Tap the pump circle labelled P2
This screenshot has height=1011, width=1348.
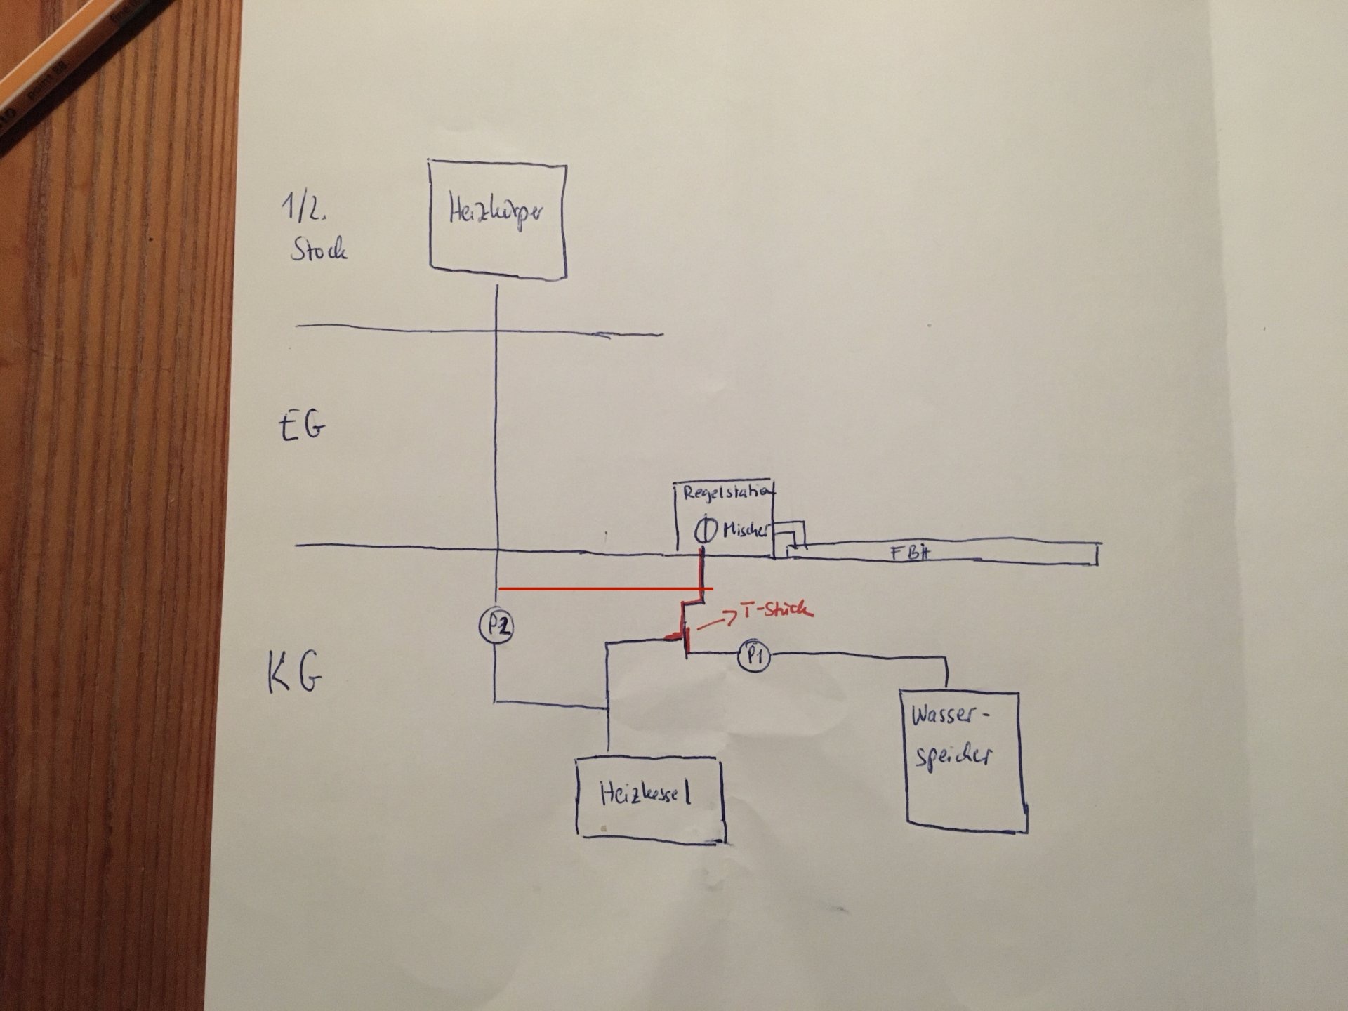[x=497, y=626]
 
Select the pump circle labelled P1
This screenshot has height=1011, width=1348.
[x=754, y=656]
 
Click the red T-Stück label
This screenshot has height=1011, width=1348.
[x=777, y=610]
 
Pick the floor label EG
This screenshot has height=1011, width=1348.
[x=303, y=425]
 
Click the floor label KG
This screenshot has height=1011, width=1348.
[x=295, y=673]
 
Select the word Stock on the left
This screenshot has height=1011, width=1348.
[x=319, y=250]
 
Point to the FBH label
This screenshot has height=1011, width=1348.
[x=911, y=553]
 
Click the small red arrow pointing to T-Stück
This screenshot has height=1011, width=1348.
[x=719, y=620]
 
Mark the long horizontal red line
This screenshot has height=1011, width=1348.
[x=604, y=589]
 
